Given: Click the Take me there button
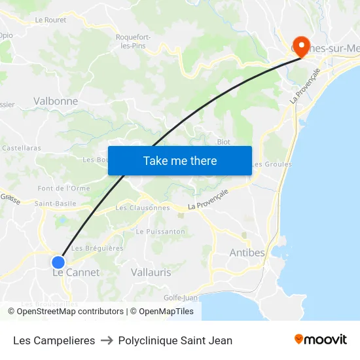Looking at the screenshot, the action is (179, 160).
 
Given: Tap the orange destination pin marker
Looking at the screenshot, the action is (302, 45).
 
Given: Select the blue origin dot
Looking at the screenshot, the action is (58, 262).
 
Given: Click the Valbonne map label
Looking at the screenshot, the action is (56, 101).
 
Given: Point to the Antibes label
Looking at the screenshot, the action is (247, 253).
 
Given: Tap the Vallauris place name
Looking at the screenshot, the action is (151, 272).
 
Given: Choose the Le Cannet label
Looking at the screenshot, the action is (76, 272).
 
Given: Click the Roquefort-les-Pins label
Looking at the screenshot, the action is (133, 41).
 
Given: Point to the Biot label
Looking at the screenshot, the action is (223, 141).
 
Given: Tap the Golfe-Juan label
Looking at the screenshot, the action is (181, 298).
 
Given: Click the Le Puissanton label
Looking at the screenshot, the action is (160, 232).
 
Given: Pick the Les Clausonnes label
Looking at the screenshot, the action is (142, 208).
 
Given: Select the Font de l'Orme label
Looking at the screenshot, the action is (64, 189).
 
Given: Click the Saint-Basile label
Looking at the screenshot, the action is (56, 204).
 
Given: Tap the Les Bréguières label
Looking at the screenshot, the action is (97, 248).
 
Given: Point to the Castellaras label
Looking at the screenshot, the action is (22, 149).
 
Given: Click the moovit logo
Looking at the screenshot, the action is (320, 340).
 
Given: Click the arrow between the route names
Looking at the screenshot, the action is (106, 340).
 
